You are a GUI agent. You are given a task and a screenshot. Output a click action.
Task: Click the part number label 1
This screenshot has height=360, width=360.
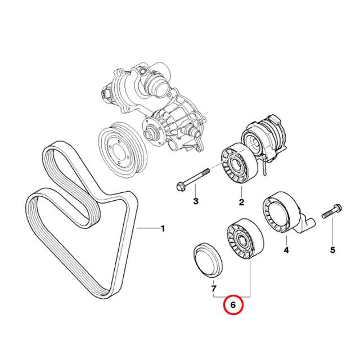(x=163, y=229)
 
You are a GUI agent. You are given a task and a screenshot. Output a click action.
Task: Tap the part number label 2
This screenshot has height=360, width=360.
(x=241, y=202)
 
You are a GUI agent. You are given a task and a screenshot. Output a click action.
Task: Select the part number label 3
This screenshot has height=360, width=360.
(x=196, y=201)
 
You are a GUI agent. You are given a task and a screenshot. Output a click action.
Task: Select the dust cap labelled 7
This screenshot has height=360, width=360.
(x=207, y=260)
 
